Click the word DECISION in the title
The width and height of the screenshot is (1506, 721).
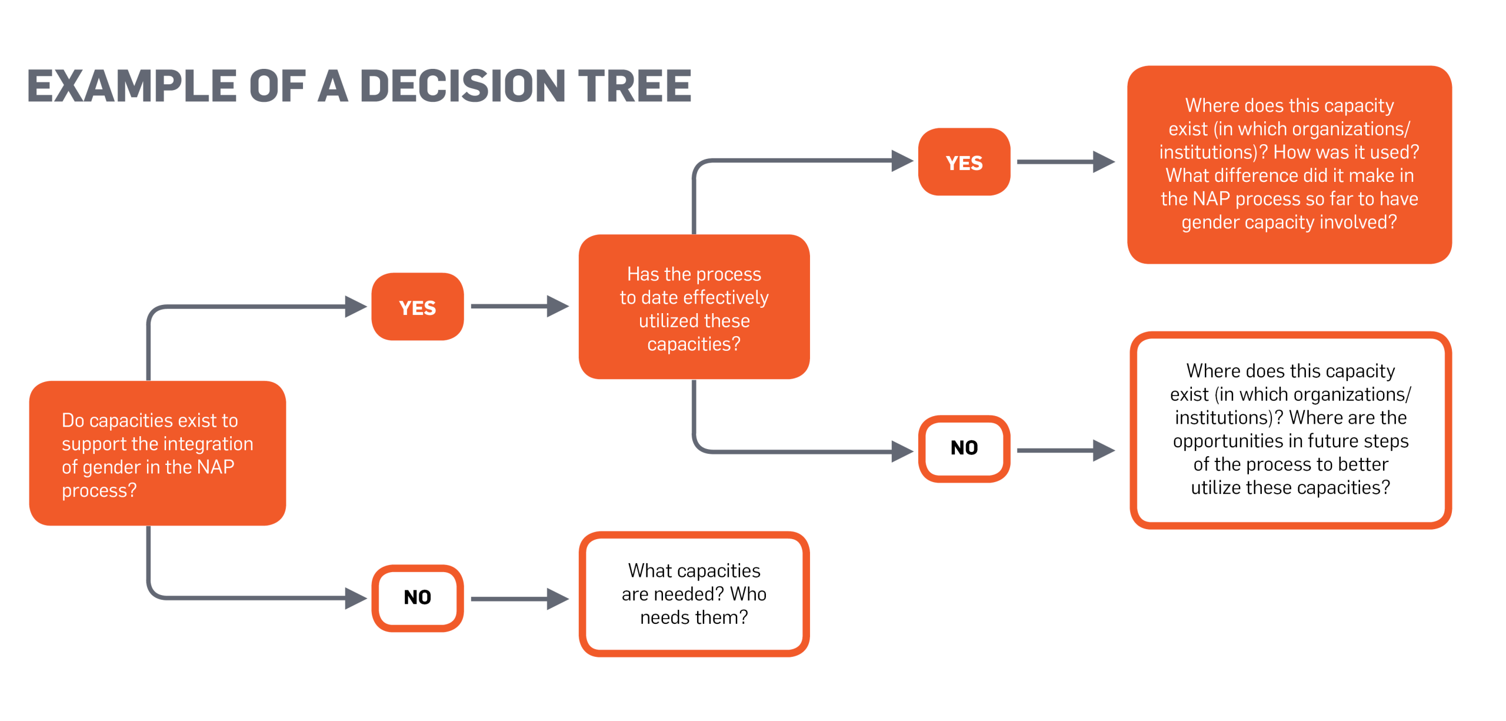coord(462,86)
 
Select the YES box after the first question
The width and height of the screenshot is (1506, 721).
coord(417,307)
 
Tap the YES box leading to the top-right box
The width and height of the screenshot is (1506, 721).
coord(964,162)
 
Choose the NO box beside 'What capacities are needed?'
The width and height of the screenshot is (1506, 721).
coord(417,598)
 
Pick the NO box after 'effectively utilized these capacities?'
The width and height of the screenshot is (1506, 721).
coord(964,448)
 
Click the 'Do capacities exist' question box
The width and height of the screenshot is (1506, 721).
coord(157,453)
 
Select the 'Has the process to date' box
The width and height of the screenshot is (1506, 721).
coord(694,307)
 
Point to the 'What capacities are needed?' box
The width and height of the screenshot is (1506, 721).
coord(694,594)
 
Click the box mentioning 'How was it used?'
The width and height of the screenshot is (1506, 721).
coord(1289,165)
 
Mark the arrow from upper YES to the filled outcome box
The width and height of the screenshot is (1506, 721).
coord(1065,161)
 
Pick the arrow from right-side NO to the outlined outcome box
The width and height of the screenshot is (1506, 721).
coord(1065,450)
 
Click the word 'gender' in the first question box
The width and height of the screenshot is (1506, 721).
coord(111,467)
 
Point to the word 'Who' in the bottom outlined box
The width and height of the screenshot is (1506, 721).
coord(748,594)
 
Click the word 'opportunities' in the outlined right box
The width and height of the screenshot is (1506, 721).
coord(1227,441)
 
